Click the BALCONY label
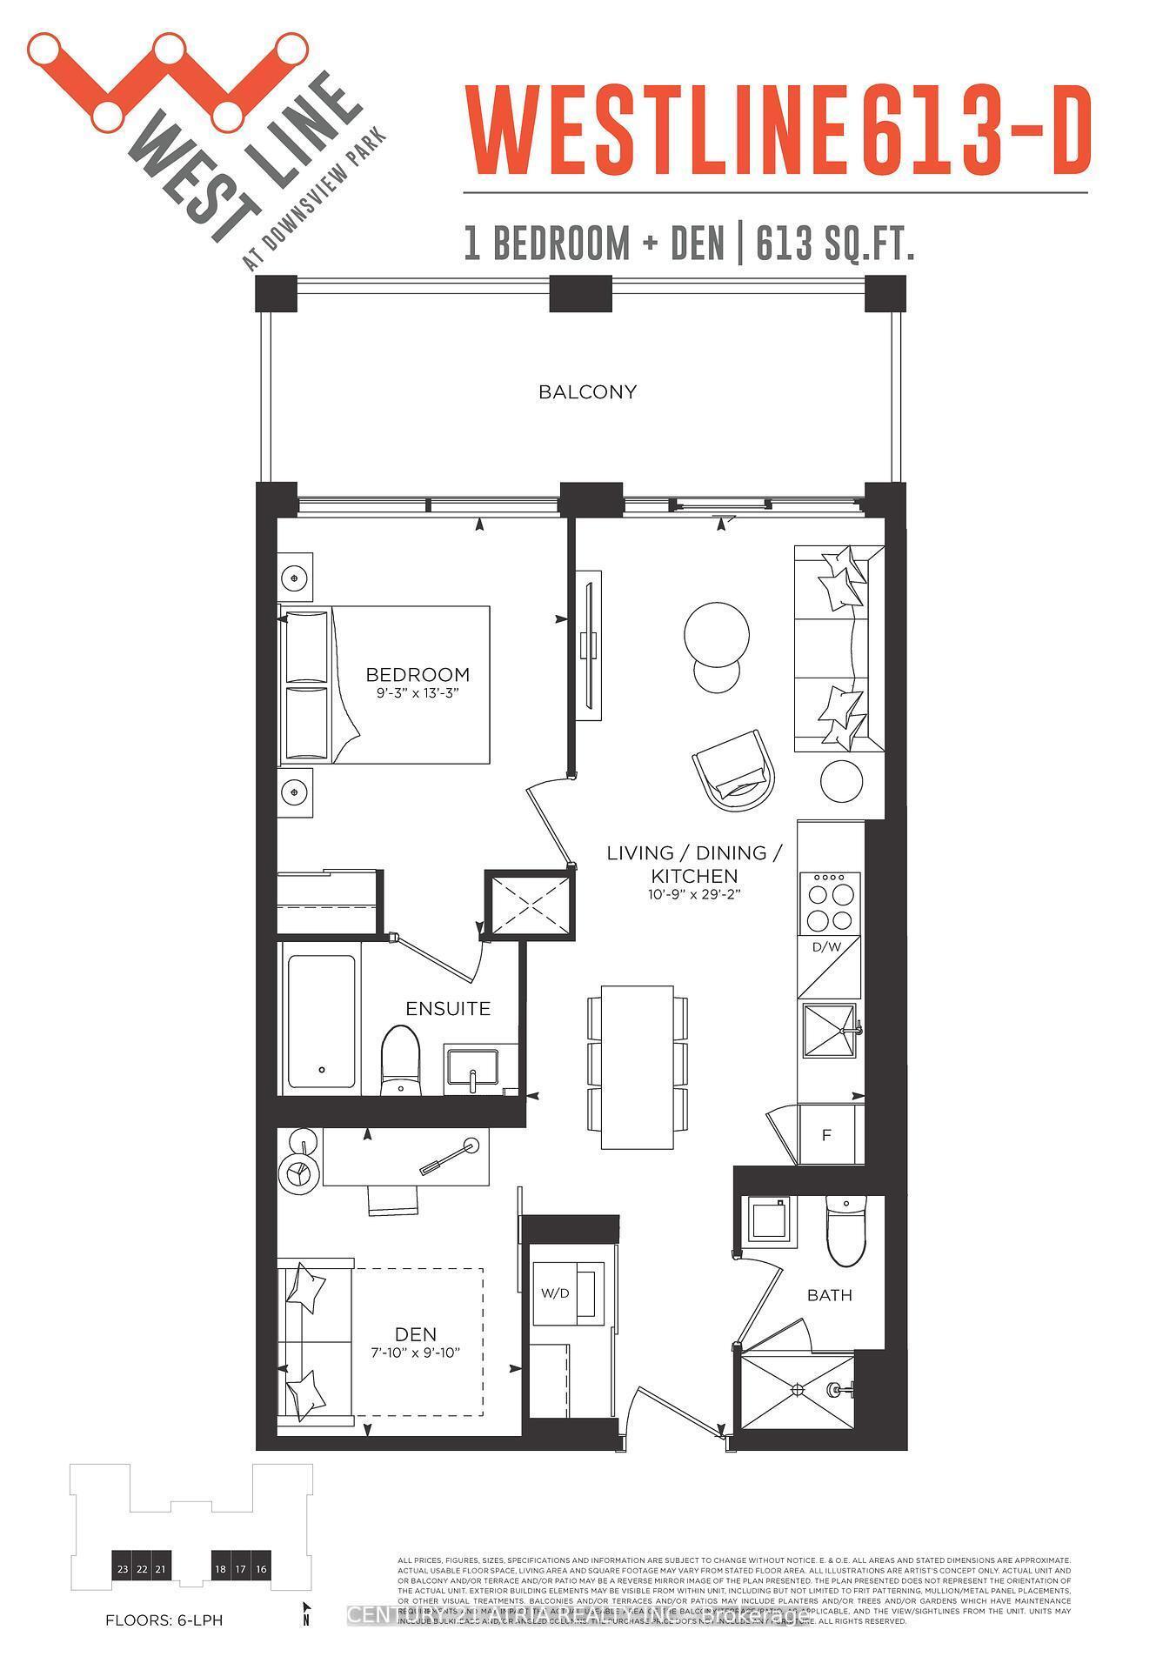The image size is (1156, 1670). pos(587,392)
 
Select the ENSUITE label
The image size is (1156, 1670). pos(448,1009)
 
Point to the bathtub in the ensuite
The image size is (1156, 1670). pos(321,1021)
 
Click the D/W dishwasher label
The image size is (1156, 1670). pos(826,947)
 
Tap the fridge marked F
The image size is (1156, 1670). pos(827,1135)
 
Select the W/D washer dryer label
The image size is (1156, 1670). pos(555,1293)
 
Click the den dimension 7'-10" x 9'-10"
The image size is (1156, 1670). pos(415,1353)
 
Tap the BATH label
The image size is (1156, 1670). pos(829,1296)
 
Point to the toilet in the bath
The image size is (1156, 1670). pos(845,1232)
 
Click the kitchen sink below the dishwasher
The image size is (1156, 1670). pos(829,1032)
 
